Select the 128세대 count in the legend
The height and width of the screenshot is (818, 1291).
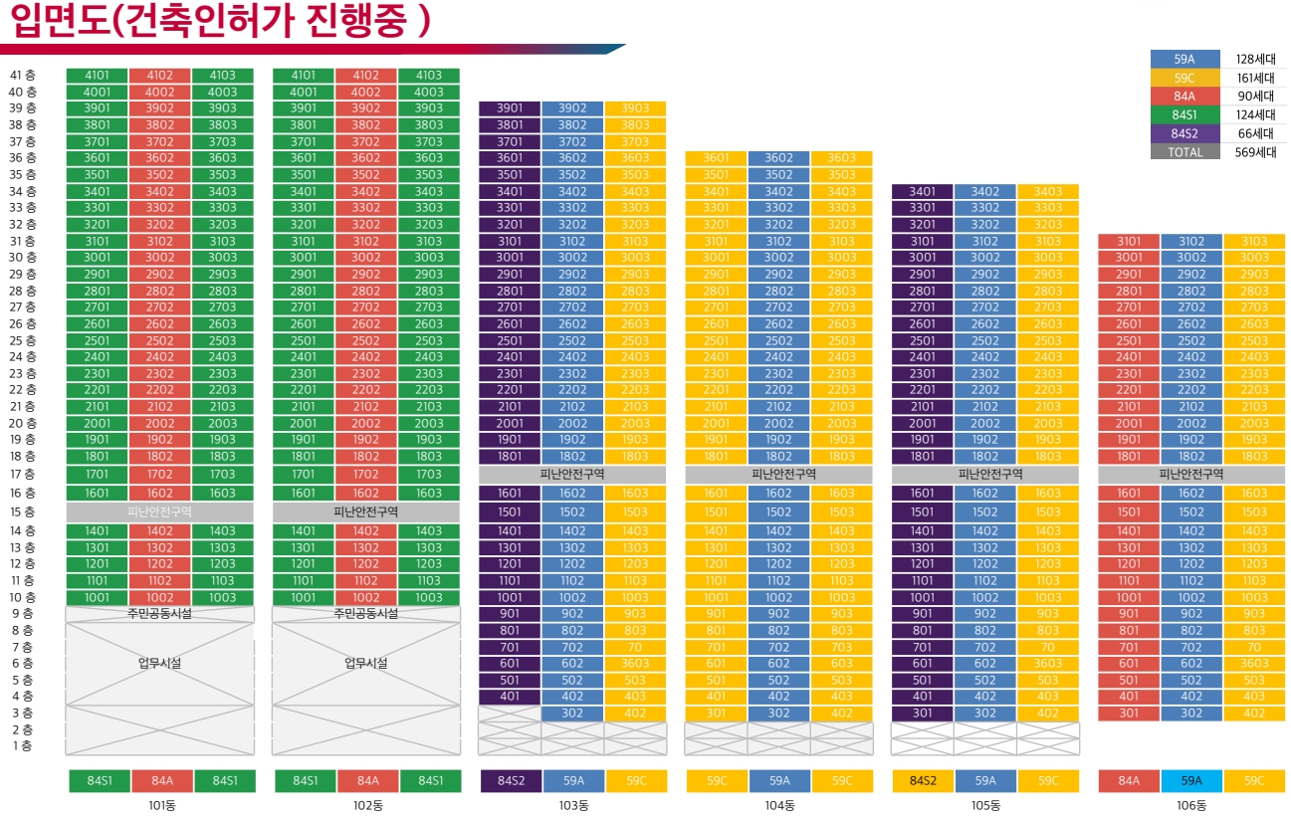coord(1255,60)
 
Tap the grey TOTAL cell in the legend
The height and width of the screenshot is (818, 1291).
coord(1184,152)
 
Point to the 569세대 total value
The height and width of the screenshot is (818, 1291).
coord(1255,152)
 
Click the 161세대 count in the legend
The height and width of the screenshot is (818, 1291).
coord(1255,79)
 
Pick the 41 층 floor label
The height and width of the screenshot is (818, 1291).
coord(23,76)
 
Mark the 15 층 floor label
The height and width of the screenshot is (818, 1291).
coord(23,512)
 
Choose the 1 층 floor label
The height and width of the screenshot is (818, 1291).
coord(23,746)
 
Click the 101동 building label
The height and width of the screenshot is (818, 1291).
coord(160,805)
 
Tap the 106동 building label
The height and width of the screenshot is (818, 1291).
coord(1190,805)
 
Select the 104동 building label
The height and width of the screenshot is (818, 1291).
coord(778,805)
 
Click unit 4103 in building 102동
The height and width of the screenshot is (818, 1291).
coord(429,76)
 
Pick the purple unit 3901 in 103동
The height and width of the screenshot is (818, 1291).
coord(510,108)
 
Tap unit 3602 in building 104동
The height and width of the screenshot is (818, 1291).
coord(778,158)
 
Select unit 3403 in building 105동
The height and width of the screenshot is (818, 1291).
coord(1048,192)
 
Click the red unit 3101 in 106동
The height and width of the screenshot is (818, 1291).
coord(1129,242)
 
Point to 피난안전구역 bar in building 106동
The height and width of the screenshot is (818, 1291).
coord(1190,475)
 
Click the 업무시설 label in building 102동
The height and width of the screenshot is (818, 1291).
coord(365,663)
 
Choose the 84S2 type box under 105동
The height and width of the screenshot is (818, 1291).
coord(923,781)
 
